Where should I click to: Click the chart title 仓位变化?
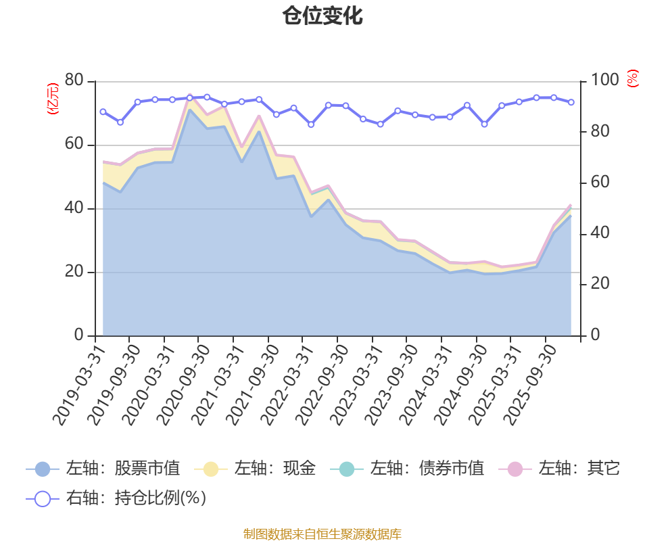(x=322, y=16)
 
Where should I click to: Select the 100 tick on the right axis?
(x=605, y=80)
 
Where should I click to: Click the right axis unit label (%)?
(x=632, y=79)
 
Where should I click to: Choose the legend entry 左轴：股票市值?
(x=103, y=468)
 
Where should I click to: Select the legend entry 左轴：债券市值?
(x=406, y=468)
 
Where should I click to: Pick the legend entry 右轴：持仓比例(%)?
(x=116, y=498)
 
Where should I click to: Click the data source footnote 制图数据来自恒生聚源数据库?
(x=322, y=534)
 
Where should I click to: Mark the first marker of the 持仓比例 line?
(x=103, y=112)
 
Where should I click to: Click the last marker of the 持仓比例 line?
(x=571, y=102)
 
